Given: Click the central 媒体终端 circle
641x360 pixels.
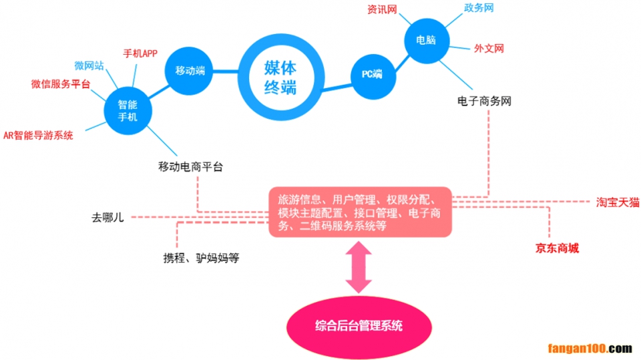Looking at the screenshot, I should coord(280,77).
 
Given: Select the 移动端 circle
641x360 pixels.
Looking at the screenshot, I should coord(190,70).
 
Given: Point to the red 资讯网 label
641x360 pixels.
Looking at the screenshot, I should coord(382,10).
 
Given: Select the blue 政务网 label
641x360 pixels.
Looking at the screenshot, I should coord(478,8).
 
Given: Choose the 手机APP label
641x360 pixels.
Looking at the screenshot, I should coord(140,53).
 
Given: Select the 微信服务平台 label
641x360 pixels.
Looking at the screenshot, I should coord(60,84).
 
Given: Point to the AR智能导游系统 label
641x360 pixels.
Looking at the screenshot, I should coord(38,136).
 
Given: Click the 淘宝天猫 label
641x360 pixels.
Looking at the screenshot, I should coord(617,202).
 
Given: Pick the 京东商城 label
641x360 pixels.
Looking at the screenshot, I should coord(557,248).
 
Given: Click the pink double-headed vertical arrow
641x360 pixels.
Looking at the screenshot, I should coord(359,266).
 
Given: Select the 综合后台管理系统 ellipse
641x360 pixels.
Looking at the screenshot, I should coord(359,325).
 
